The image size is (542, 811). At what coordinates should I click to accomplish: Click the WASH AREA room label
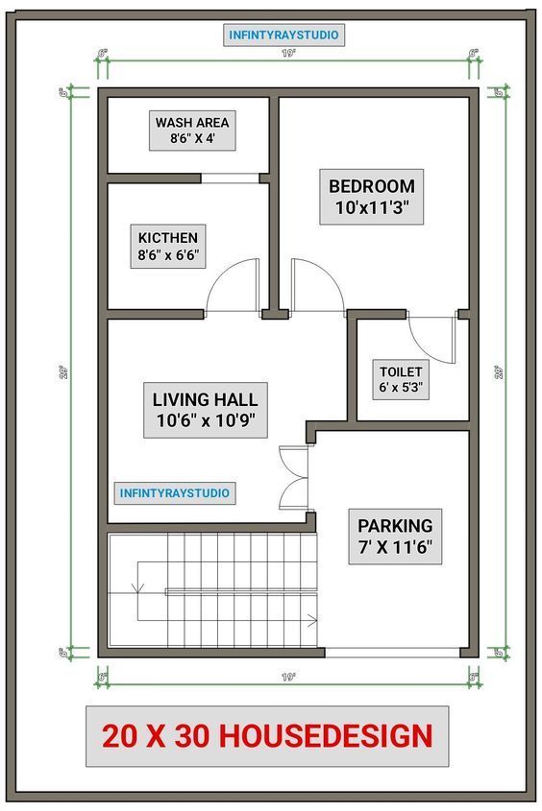click(x=192, y=130)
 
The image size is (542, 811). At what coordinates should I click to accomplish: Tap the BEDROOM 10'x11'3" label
click(x=371, y=198)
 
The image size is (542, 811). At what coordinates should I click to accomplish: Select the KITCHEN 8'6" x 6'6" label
click(x=168, y=247)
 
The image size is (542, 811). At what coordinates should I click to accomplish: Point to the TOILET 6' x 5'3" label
click(x=401, y=380)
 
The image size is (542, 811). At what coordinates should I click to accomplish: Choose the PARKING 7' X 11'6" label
click(x=395, y=537)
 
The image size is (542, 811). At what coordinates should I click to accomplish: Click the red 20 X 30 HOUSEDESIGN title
click(x=267, y=736)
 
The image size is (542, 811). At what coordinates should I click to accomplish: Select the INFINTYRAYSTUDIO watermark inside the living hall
click(x=175, y=492)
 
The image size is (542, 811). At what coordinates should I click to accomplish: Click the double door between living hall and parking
click(x=291, y=478)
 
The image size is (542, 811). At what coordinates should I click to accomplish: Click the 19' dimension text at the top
click(x=286, y=54)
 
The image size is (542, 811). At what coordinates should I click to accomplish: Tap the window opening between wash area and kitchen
click(x=231, y=178)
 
